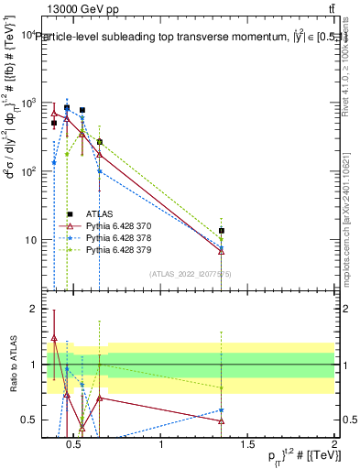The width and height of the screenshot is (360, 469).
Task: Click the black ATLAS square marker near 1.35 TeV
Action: tap(222, 232)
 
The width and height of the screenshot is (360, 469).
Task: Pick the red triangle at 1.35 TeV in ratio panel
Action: tap(222, 421)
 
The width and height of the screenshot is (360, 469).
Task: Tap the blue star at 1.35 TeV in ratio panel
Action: tap(222, 410)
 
